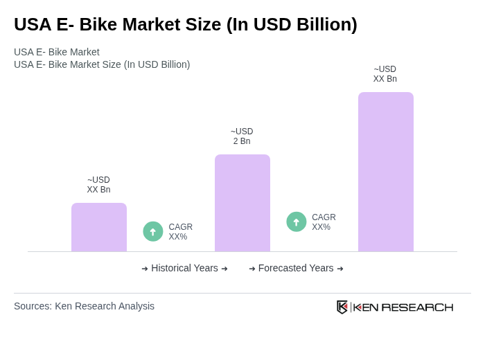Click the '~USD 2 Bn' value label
(242, 136)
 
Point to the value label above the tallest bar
(385, 74)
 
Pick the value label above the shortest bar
(98, 185)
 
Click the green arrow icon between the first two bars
(153, 231)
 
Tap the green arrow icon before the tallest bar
(297, 222)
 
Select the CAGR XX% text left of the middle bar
(180, 232)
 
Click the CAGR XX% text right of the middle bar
(324, 222)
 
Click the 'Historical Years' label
(184, 268)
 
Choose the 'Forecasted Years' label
(296, 268)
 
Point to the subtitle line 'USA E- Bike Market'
(57, 52)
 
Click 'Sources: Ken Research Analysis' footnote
(84, 306)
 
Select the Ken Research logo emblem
(342, 307)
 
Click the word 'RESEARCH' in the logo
(417, 307)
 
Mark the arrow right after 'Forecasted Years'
(340, 269)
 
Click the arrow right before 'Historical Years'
(145, 269)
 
